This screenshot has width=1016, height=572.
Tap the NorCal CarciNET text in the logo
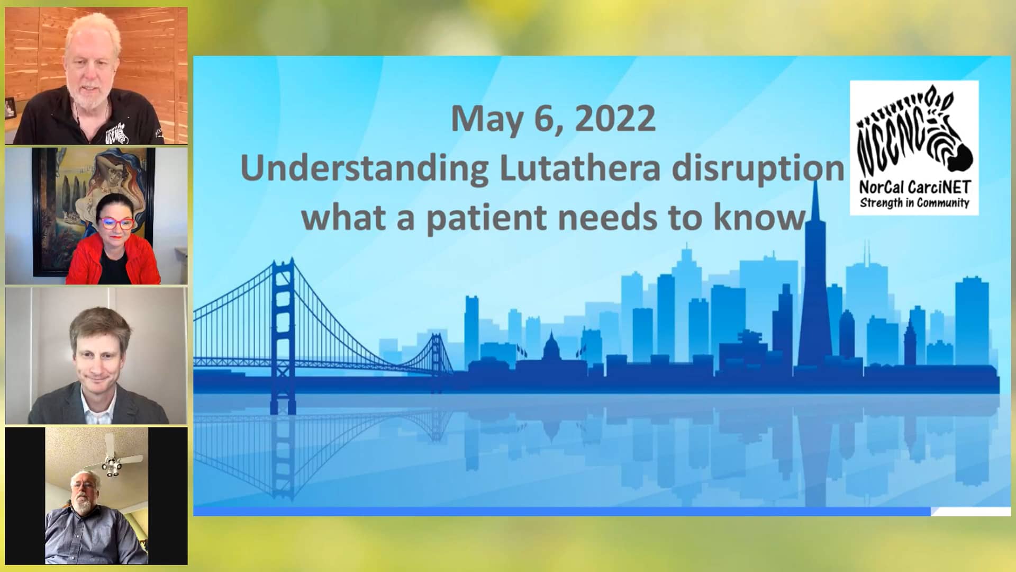click(x=915, y=187)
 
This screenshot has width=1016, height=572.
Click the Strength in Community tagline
click(x=914, y=203)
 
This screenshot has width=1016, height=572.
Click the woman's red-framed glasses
click(x=116, y=223)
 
